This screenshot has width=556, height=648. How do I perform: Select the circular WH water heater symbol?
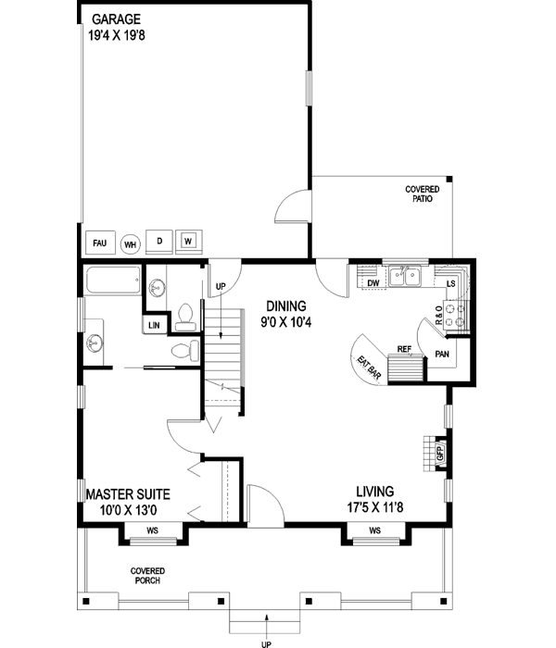coord(130,244)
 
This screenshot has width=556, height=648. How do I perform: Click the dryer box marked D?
coord(159,242)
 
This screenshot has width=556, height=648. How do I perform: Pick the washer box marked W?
coord(189,242)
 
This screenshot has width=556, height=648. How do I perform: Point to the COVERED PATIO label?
coord(422,193)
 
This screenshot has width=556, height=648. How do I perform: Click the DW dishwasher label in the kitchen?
coord(372,283)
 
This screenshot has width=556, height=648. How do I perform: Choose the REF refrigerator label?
coord(404,349)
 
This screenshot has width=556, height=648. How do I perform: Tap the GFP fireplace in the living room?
coord(440,454)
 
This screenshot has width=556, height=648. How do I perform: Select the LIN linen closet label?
coord(152,325)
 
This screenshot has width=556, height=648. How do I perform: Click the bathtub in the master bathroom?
coord(111,280)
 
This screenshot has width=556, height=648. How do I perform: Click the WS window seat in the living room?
coord(375,530)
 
